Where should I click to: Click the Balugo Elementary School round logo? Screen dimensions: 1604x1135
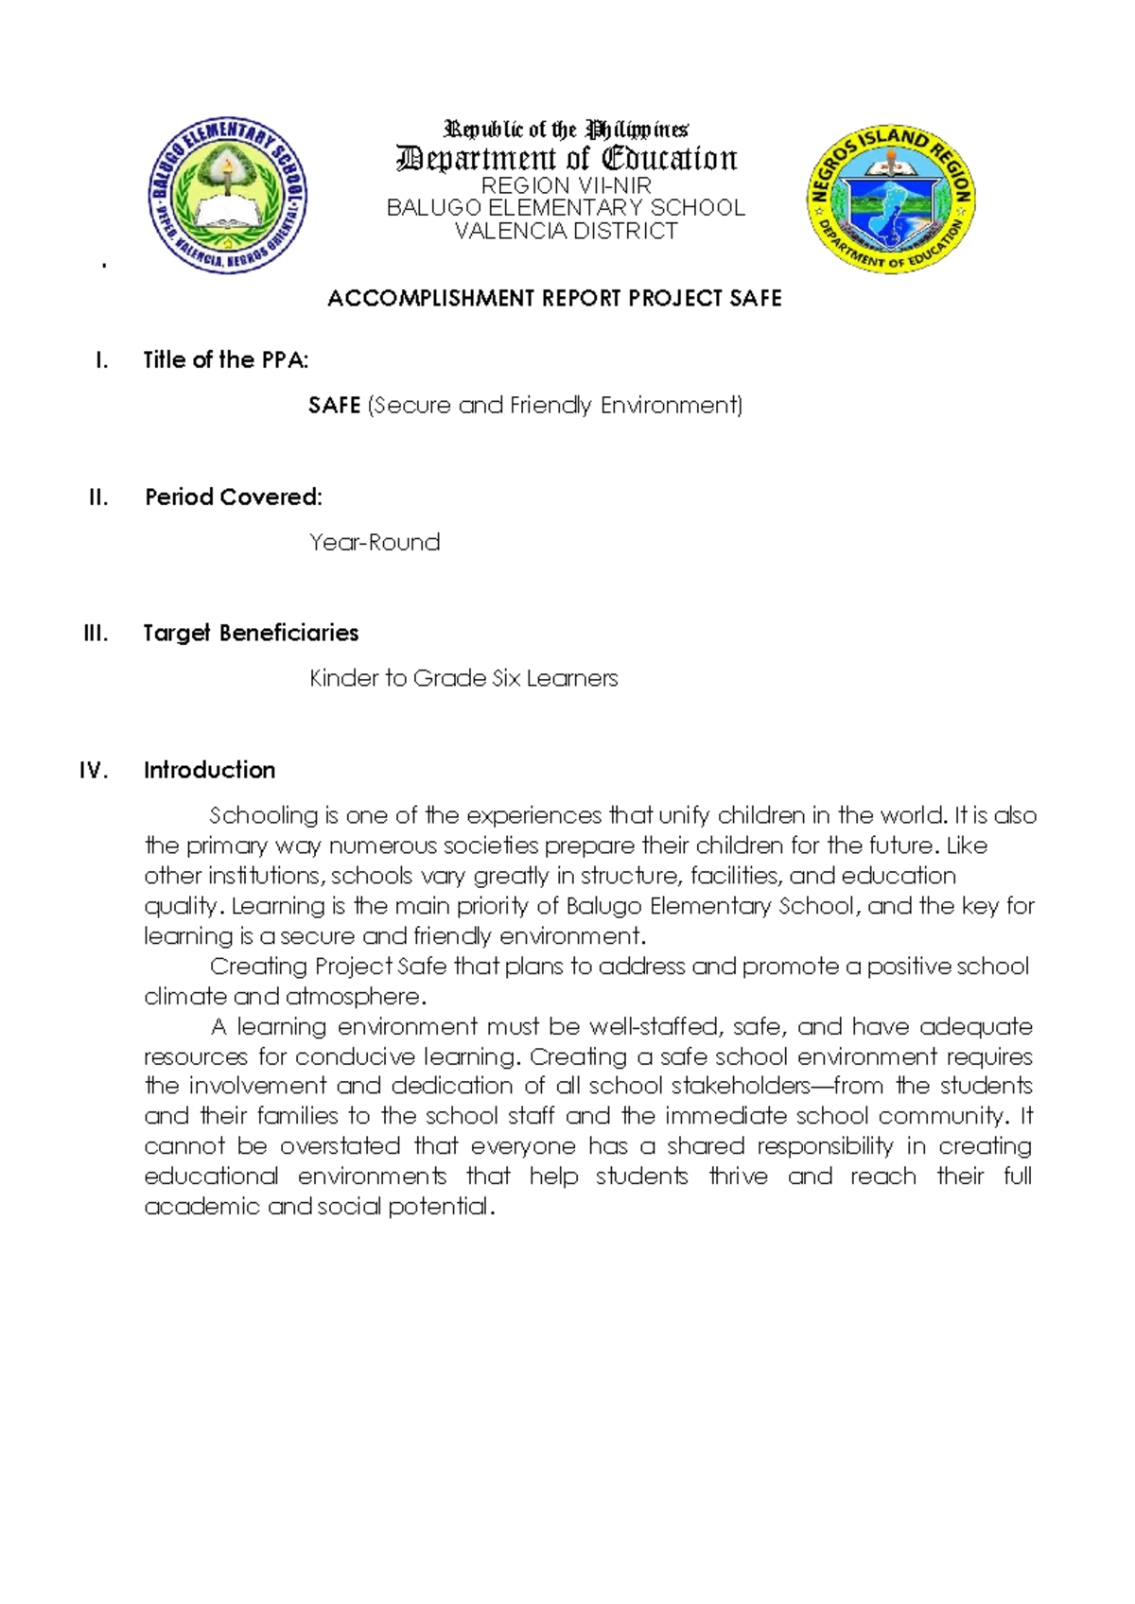pyautogui.click(x=227, y=196)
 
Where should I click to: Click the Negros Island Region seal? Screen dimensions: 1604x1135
pyautogui.click(x=890, y=200)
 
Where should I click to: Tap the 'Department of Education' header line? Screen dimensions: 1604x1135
pyautogui.click(x=566, y=158)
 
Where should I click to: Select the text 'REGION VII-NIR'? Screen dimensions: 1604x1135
pyautogui.click(x=566, y=185)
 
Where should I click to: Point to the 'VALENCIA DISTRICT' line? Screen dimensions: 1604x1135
pyautogui.click(x=566, y=231)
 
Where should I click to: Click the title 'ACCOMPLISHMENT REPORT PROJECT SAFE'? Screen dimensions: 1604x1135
pyautogui.click(x=554, y=299)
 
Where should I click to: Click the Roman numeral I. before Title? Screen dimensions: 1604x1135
pyautogui.click(x=101, y=360)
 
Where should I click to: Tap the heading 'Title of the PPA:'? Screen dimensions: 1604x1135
pyautogui.click(x=225, y=360)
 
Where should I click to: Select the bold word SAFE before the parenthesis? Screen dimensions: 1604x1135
pyautogui.click(x=334, y=406)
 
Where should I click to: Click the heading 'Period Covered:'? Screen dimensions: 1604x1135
pyautogui.click(x=233, y=497)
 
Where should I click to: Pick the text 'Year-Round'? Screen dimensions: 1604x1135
pyautogui.click(x=375, y=543)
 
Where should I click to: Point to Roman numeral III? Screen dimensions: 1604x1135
pyautogui.click(x=96, y=634)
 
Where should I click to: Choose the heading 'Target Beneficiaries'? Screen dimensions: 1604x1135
pyautogui.click(x=251, y=634)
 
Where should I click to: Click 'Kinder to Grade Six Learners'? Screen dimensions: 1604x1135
pyautogui.click(x=463, y=679)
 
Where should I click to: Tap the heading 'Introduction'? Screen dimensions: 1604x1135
pyautogui.click(x=209, y=771)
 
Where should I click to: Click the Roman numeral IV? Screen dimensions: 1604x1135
pyautogui.click(x=94, y=771)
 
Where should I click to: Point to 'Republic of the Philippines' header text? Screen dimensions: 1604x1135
pyautogui.click(x=566, y=130)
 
